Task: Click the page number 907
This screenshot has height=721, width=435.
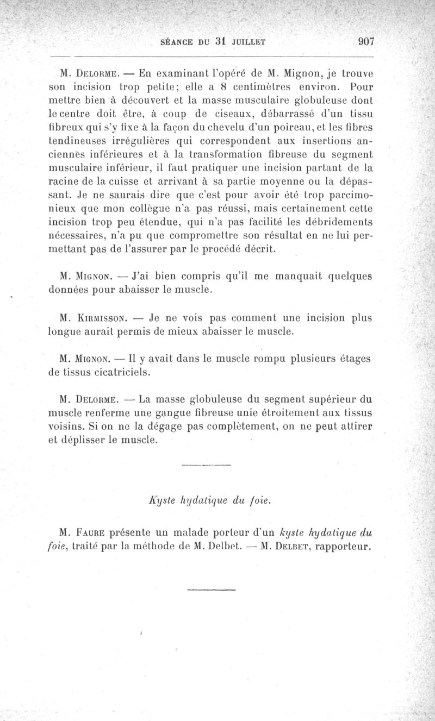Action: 365,43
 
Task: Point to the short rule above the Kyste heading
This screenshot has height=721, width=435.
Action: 206,465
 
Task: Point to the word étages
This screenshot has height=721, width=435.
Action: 354,359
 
